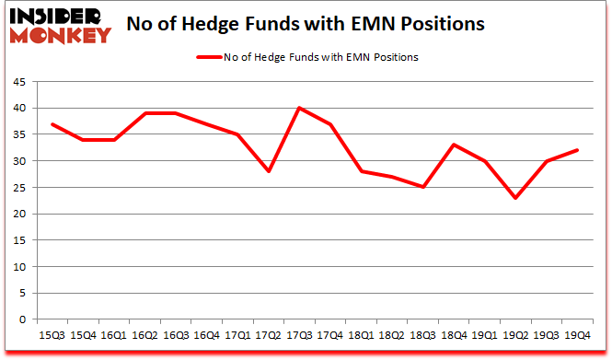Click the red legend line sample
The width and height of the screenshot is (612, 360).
208,57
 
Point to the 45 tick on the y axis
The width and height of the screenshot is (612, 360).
19,82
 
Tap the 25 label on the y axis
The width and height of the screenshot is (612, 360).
19,188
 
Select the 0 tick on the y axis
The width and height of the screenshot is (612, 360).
22,319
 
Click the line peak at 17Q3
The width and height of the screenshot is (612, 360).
299,109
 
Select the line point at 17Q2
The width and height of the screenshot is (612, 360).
268,171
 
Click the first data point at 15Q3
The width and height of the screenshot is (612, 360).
53,124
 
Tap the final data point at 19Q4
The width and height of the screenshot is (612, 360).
579,150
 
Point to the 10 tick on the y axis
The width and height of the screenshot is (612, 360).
19,267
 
